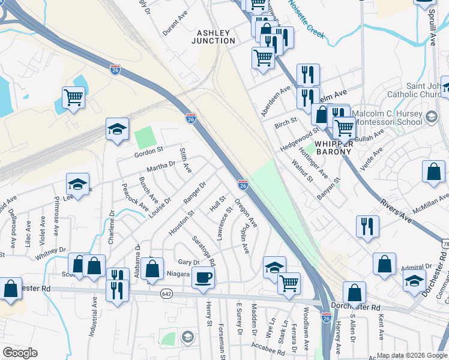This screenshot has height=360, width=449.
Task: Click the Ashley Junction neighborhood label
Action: (213, 36)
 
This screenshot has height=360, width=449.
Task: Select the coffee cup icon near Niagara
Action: (205, 277)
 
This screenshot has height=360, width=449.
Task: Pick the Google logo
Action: (20, 353)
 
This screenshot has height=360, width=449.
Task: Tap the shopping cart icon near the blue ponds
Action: (73, 97)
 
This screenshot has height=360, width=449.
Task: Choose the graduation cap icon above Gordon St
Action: (117, 128)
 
